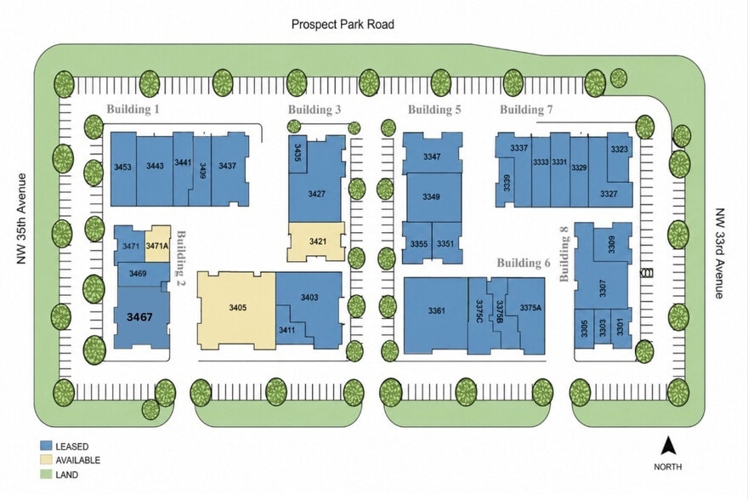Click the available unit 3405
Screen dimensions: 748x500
click(x=236, y=310)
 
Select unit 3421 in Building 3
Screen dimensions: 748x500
click(x=316, y=241)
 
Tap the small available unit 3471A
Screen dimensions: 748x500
click(x=157, y=244)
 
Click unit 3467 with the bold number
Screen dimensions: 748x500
click(x=141, y=317)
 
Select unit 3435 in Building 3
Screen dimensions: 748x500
click(x=297, y=153)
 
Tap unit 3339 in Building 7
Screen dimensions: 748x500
click(x=506, y=182)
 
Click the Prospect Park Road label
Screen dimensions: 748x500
click(x=343, y=24)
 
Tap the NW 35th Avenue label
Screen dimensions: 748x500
click(x=21, y=219)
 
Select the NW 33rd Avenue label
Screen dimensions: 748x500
click(x=719, y=253)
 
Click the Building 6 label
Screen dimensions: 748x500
click(x=524, y=263)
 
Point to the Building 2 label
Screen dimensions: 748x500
click(x=181, y=258)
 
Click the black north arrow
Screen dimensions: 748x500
click(x=668, y=446)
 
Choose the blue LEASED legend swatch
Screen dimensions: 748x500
click(x=46, y=446)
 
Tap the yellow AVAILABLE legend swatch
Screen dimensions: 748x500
click(x=46, y=460)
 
